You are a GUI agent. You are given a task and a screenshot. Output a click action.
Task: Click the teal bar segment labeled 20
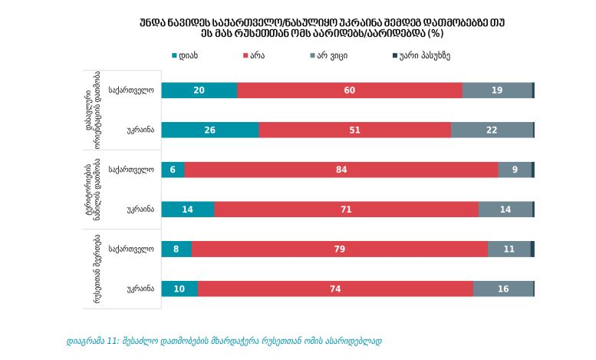199,91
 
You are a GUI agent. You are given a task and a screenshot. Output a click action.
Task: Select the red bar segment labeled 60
350,91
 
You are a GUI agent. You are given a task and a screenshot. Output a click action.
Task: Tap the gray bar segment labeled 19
497,91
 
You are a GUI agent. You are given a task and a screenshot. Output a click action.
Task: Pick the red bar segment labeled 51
354,130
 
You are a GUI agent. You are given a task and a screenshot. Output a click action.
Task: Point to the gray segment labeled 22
492,130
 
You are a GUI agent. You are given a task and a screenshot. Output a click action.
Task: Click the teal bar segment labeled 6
173,170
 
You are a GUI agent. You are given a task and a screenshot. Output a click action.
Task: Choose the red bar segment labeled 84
341,170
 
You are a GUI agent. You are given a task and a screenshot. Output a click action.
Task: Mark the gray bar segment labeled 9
515,170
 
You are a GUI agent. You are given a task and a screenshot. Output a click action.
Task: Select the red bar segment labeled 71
346,210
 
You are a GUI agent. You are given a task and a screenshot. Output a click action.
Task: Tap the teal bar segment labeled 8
176,249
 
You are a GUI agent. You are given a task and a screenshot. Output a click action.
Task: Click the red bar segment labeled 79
339,249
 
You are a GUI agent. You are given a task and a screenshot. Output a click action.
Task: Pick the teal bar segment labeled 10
179,289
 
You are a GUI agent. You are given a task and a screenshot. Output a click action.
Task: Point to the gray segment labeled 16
502,289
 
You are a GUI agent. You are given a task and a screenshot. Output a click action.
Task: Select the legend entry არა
254,56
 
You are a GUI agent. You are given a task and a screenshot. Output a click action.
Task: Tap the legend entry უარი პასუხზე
426,56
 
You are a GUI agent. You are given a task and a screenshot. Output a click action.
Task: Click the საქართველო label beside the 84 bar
131,170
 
